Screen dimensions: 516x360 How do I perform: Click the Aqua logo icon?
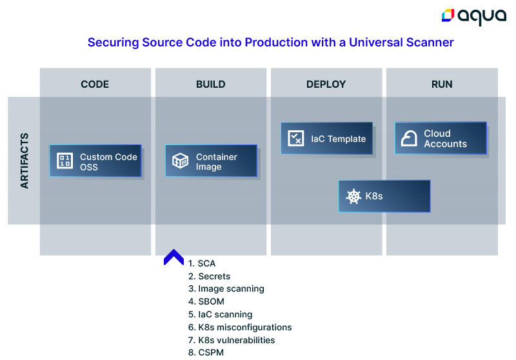(x=448, y=15)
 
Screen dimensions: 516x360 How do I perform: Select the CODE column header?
(x=95, y=85)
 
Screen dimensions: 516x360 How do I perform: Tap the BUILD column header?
(x=211, y=85)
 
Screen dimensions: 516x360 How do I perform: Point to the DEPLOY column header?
(x=326, y=85)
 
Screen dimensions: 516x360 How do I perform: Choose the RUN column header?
(x=442, y=85)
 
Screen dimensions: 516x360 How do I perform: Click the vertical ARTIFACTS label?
(x=25, y=161)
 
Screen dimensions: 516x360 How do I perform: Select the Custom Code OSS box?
(x=95, y=161)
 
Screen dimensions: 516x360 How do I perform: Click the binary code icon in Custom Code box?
(x=65, y=161)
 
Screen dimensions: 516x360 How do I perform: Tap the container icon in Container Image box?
(x=181, y=161)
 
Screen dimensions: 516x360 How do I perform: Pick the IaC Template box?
(x=327, y=138)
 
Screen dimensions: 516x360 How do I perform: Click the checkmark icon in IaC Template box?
(x=296, y=138)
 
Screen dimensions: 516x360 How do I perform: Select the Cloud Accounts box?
(x=441, y=138)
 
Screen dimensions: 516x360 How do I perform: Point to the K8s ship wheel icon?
(x=353, y=197)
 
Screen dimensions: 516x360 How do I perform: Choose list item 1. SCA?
(x=202, y=264)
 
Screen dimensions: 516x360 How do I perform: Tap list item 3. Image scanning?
(x=226, y=289)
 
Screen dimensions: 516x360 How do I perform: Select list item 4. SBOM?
(x=206, y=302)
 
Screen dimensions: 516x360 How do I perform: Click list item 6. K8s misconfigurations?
(x=240, y=328)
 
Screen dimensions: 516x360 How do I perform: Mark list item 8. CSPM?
(x=206, y=353)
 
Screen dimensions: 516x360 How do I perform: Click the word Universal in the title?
(x=376, y=43)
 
